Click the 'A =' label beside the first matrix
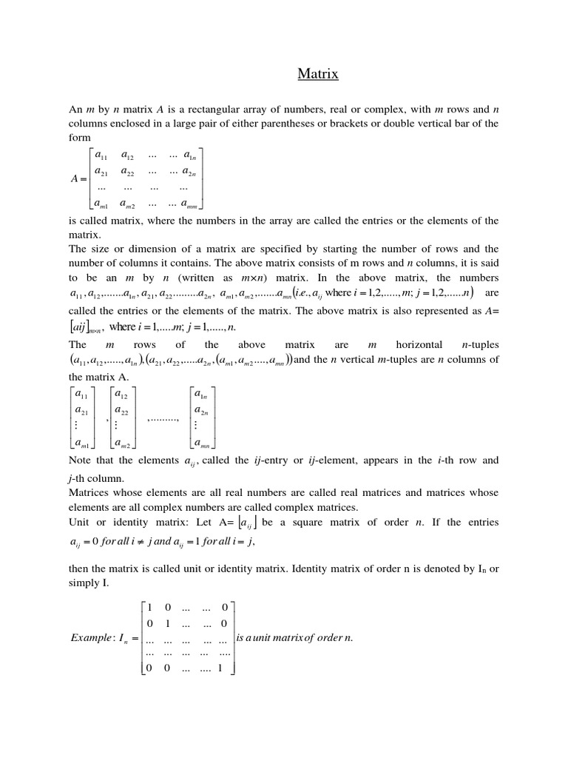click(x=77, y=178)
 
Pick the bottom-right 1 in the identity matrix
click(x=220, y=667)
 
